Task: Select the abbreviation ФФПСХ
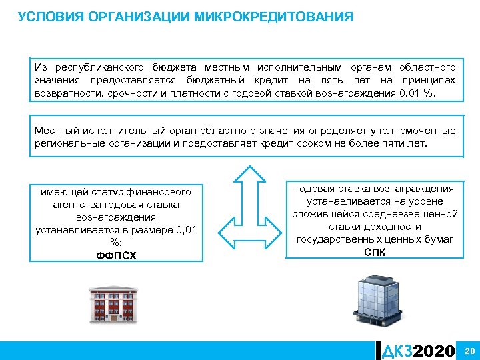(117, 255)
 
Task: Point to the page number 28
(469, 351)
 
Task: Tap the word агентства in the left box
(76, 205)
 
